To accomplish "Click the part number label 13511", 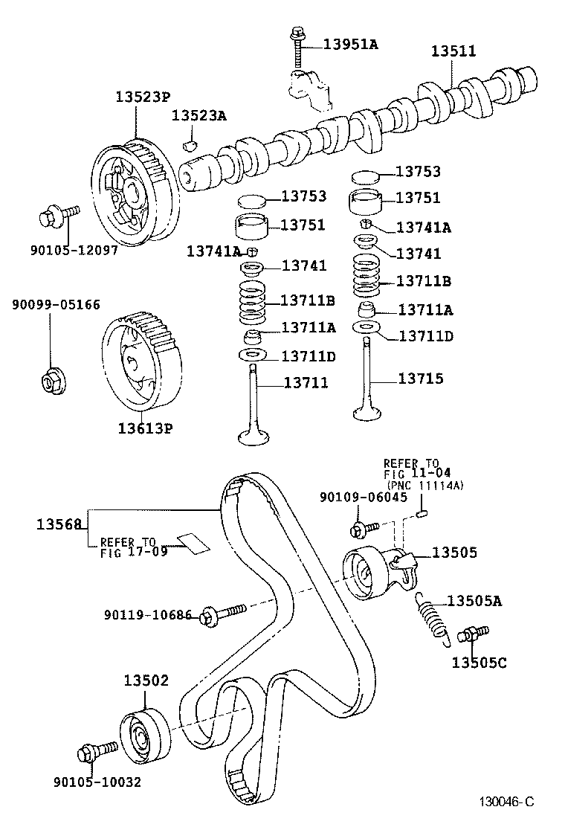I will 453,51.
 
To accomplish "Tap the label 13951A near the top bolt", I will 350,44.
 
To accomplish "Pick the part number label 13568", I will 58,524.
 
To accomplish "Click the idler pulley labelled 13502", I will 141,736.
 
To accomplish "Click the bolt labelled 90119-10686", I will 221,614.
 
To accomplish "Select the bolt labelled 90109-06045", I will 363,529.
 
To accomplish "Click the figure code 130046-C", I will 506,802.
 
